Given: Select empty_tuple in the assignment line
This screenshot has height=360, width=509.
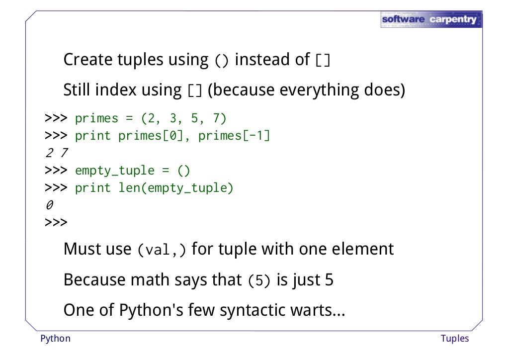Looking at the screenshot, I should tap(115, 171).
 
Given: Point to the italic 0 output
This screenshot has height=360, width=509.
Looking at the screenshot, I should tap(49, 205).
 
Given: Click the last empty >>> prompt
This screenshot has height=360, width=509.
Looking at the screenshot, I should tap(56, 222).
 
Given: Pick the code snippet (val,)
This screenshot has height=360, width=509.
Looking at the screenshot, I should tap(162, 250).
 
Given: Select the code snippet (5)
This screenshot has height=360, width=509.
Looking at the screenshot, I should tap(259, 281).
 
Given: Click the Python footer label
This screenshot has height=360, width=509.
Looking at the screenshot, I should tap(55, 339).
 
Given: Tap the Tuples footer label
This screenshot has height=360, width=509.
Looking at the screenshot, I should tap(454, 339).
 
